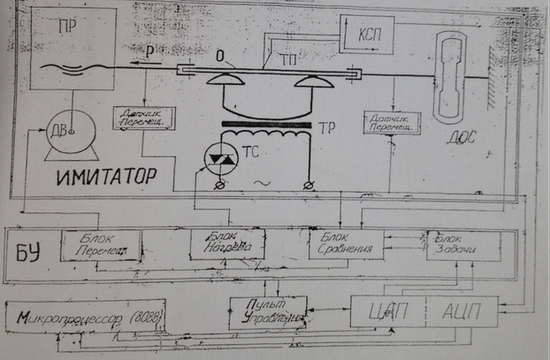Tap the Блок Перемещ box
(x=100, y=245)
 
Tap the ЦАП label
(x=388, y=312)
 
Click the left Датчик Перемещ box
(x=143, y=118)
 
